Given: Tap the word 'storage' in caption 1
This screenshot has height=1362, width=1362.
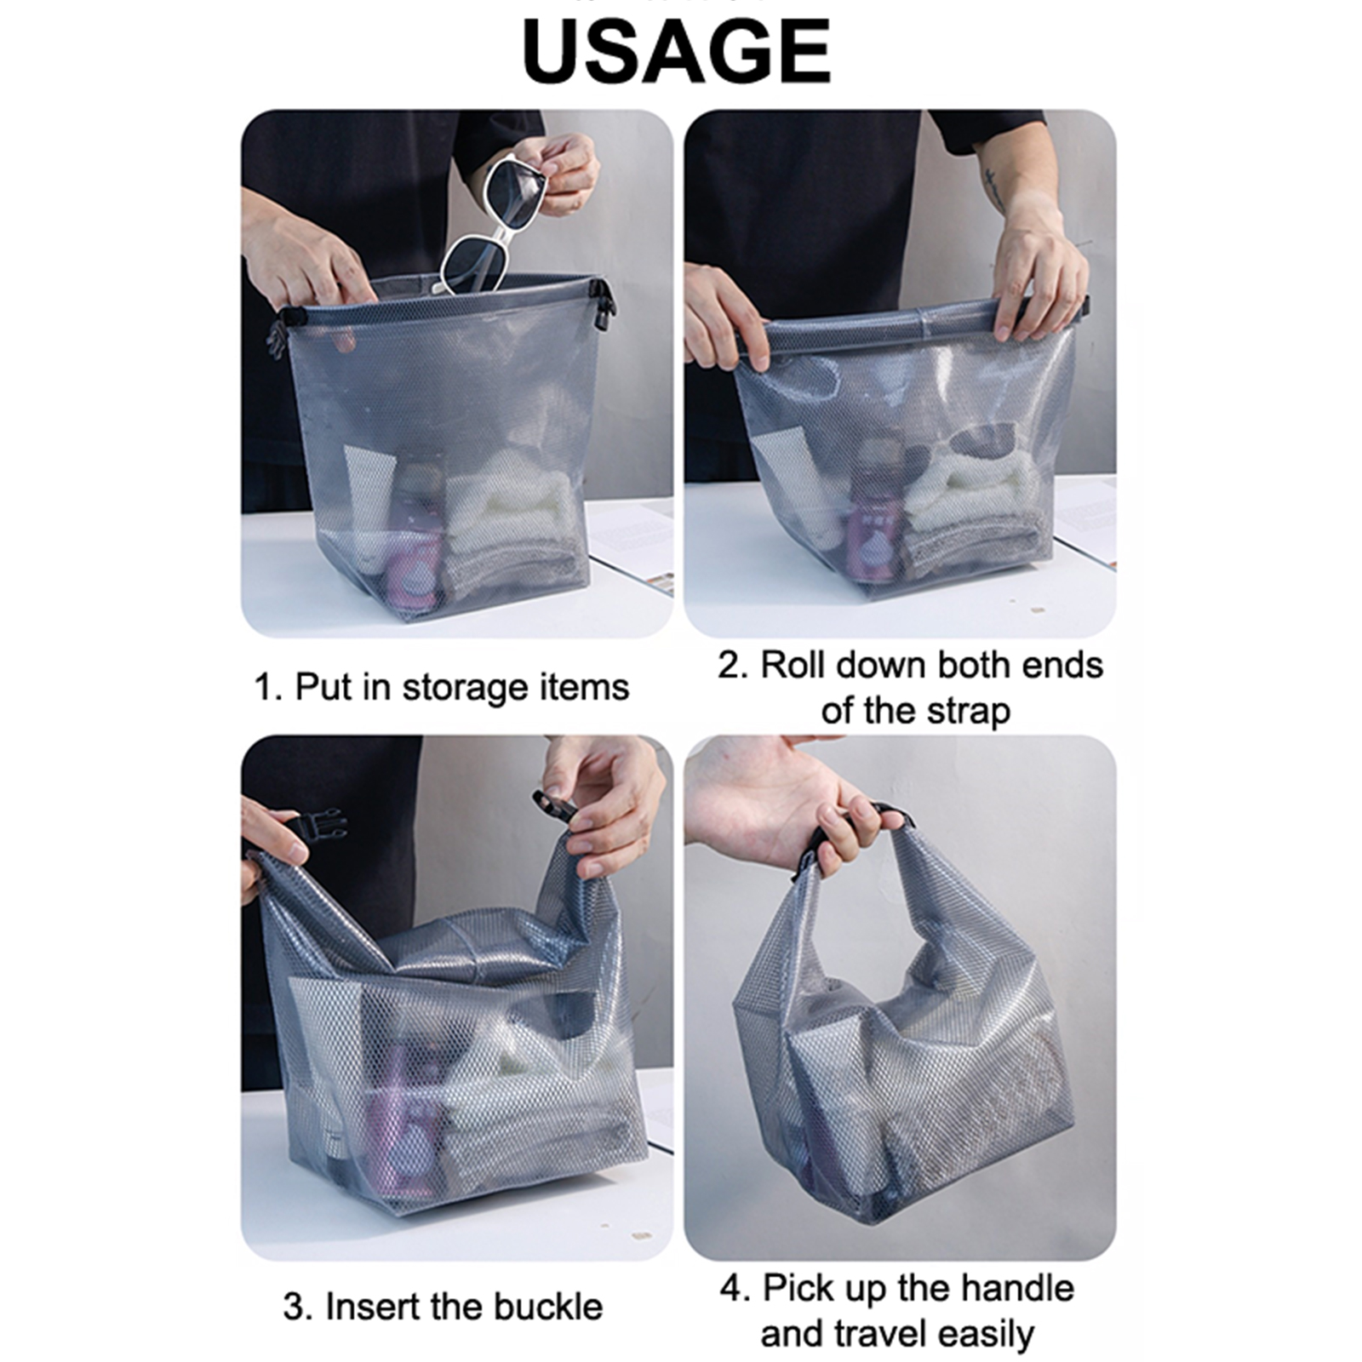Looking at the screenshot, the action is coord(454,687).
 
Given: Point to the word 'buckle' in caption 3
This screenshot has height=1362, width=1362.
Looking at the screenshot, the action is coord(555,1306).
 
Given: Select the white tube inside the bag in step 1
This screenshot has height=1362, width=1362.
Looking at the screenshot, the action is coord(368,511).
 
